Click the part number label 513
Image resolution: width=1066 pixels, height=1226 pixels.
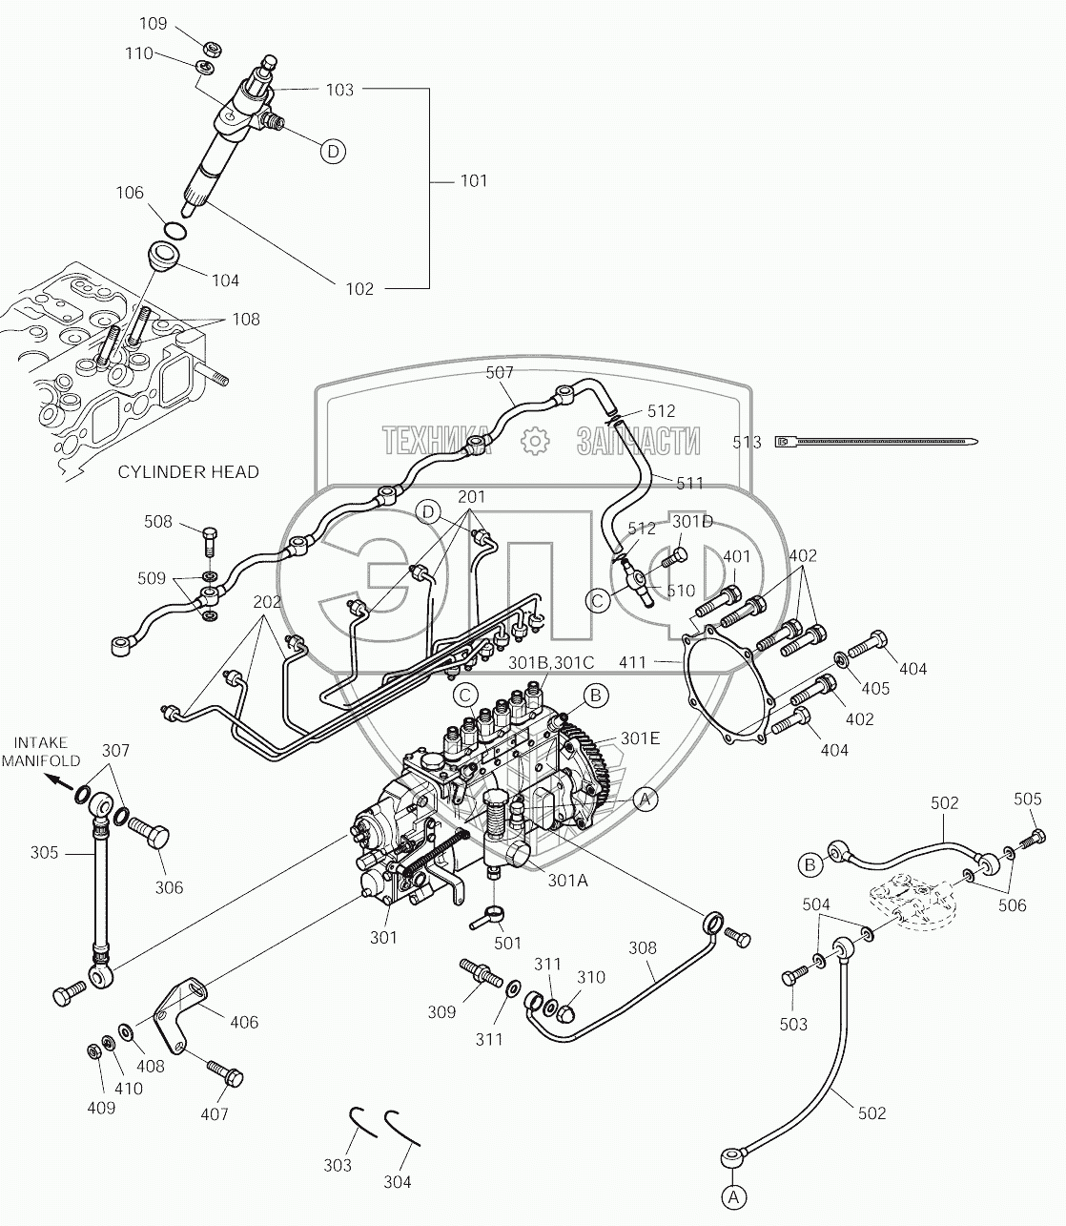(747, 443)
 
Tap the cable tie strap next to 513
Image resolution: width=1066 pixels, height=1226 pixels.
(877, 443)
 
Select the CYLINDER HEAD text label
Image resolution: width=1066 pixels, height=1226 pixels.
(188, 472)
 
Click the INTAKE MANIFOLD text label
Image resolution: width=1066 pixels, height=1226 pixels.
(41, 752)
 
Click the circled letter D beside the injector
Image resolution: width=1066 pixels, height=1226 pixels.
(333, 152)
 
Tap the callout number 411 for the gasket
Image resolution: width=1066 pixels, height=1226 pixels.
(632, 662)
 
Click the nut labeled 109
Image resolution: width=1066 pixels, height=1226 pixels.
(211, 48)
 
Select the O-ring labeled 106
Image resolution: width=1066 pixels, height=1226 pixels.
(174, 230)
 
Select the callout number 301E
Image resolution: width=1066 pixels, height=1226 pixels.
(640, 738)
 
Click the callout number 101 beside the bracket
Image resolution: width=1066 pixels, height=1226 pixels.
(474, 181)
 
